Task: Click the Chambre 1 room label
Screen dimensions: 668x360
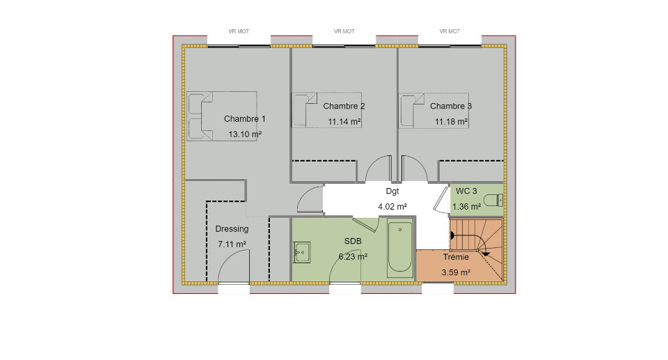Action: pos(244,119)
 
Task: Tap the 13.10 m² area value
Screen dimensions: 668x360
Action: pos(245,134)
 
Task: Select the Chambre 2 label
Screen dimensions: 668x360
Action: pos(344,107)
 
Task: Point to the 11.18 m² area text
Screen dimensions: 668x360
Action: pos(451,122)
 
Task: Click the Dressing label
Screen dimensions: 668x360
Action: pos(232,229)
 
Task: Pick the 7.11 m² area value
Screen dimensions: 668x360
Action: pos(232,244)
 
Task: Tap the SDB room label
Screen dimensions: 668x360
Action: pos(353,242)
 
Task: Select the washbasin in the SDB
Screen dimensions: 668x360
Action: pos(301,253)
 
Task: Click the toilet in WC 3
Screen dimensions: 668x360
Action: pos(494,200)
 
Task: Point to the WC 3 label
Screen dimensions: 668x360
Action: pos(466,191)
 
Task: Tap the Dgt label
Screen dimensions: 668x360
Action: pos(392,191)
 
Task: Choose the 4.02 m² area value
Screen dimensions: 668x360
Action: pos(392,207)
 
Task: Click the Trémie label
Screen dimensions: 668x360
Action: pos(456,257)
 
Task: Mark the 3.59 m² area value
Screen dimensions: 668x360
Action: pos(456,272)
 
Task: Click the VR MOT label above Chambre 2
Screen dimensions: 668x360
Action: pos(344,31)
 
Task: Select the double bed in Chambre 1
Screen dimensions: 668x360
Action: pos(221,116)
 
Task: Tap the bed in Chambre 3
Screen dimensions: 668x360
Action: pos(434,111)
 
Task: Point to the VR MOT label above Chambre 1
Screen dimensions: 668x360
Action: pos(239,31)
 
